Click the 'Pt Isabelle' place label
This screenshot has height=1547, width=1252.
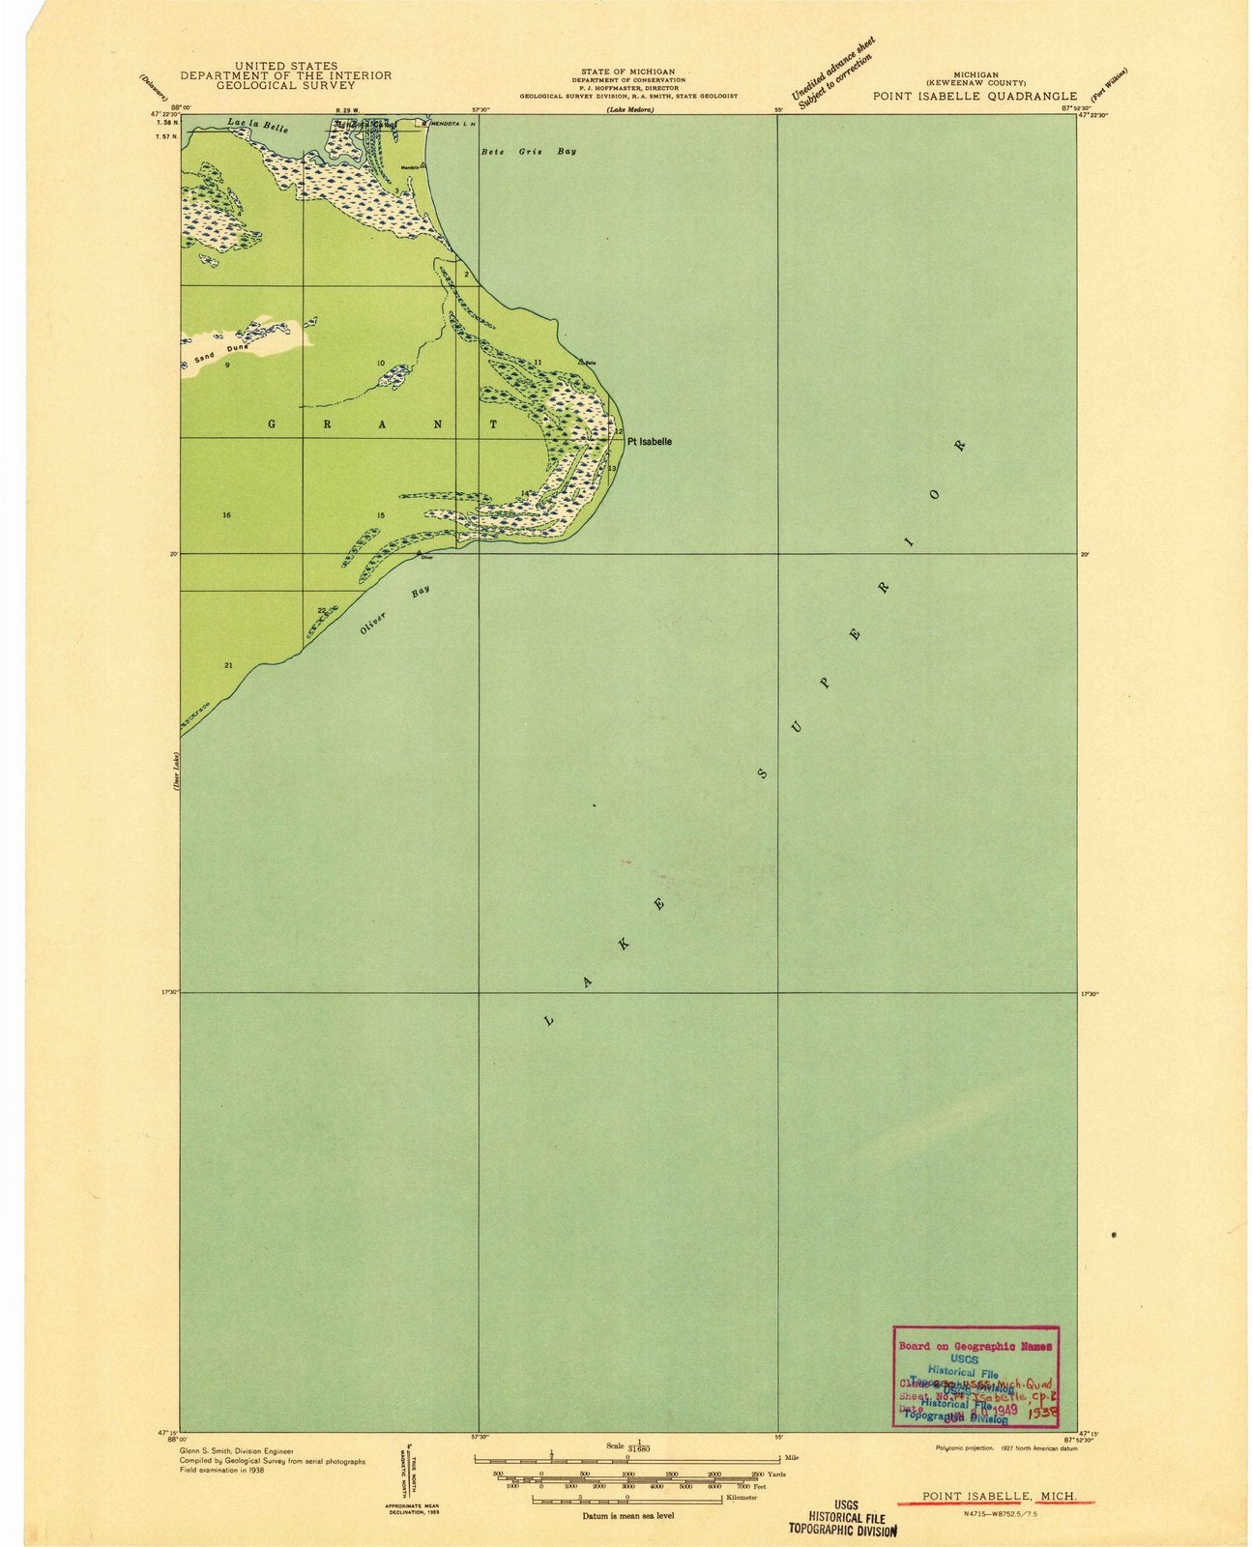[649, 442]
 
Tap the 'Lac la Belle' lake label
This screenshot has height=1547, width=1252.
[257, 126]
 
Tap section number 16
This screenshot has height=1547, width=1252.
[226, 515]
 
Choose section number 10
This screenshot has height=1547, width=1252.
[381, 364]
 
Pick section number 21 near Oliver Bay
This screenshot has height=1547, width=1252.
[228, 665]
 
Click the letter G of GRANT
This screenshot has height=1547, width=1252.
[272, 423]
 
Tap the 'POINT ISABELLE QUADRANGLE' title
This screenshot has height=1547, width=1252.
[975, 96]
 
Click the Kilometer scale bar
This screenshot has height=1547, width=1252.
[628, 1497]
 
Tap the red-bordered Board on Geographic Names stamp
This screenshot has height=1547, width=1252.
[975, 1376]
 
